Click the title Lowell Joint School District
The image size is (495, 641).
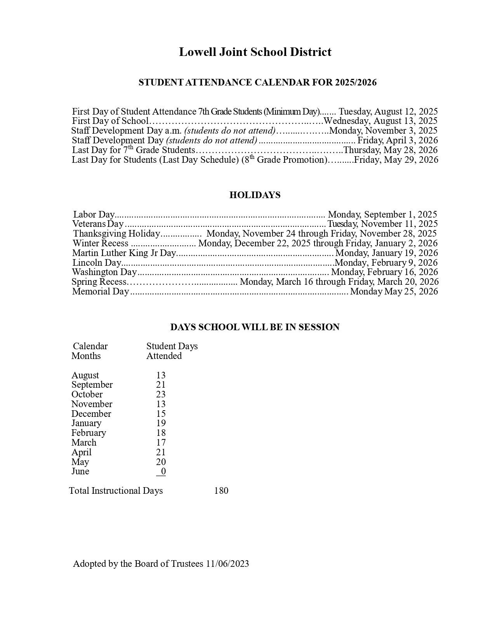255,52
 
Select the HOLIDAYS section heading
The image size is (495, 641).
255,195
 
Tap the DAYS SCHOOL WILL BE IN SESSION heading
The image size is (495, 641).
255,327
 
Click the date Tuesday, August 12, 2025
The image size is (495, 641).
388,111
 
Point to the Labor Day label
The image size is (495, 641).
94,214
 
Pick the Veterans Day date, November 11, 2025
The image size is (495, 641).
382,224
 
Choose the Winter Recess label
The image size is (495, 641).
100,243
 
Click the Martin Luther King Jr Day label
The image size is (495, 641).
124,253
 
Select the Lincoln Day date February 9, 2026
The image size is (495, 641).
386,263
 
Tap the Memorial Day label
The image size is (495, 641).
100,291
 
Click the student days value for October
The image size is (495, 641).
161,394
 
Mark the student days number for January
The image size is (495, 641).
161,423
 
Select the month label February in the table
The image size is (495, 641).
89,433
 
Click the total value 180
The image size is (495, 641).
221,491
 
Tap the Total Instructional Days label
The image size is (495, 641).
116,491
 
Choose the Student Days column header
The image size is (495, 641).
172,346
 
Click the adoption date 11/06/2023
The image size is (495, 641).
228,564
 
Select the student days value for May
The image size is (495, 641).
161,462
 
